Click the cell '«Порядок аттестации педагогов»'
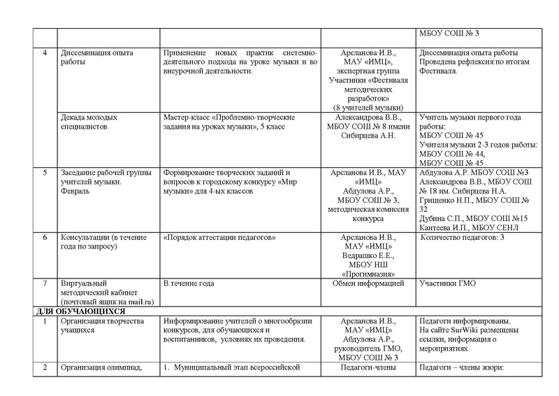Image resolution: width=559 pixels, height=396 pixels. (x=216, y=239)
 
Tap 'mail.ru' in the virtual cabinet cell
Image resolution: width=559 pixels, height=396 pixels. (x=138, y=302)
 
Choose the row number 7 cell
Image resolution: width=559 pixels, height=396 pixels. (x=45, y=283)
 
